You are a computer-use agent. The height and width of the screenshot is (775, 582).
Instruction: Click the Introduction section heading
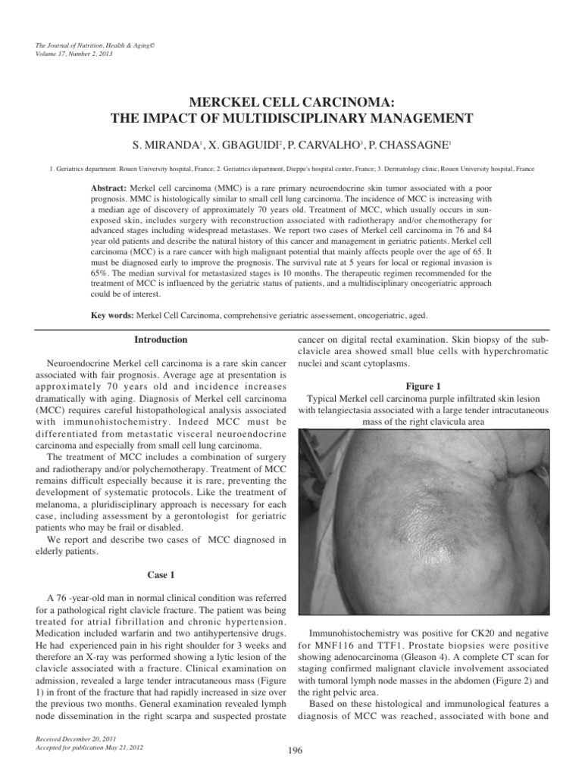click(x=161, y=340)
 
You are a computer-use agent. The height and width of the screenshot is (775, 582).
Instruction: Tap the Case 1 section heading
click(x=161, y=574)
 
